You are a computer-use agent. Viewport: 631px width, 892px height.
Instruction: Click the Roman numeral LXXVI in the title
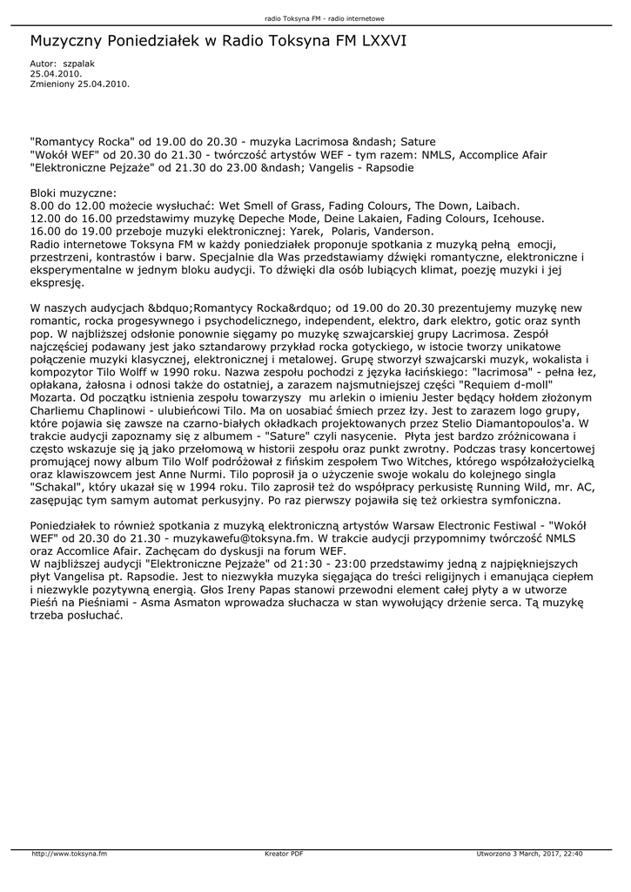[x=377, y=41]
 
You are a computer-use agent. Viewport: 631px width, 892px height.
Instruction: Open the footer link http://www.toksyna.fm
[x=70, y=854]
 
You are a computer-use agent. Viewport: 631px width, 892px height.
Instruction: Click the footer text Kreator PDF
[x=284, y=854]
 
